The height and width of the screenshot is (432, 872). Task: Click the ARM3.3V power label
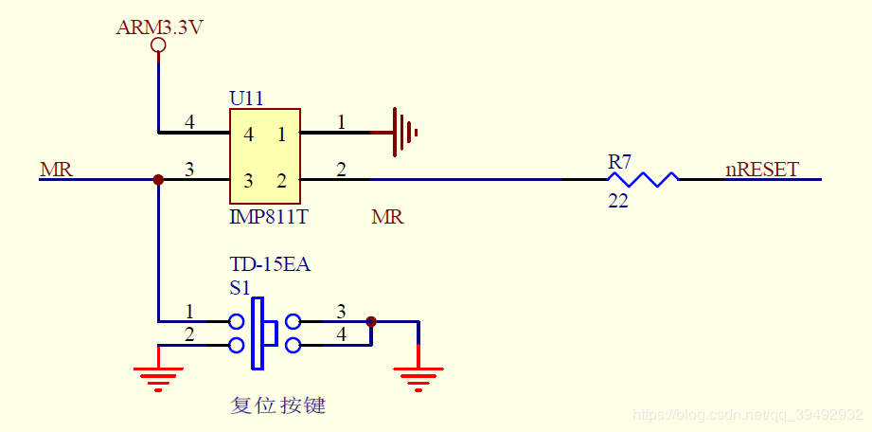159,27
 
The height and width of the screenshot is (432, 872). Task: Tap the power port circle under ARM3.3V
158,45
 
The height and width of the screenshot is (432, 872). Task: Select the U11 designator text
246,99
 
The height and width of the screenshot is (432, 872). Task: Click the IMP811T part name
269,217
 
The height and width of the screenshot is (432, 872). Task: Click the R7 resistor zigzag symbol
643,179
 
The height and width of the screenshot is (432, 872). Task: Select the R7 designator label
619,162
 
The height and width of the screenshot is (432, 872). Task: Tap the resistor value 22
618,200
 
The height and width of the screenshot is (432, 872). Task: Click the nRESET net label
762,171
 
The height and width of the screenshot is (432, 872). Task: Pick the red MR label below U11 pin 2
387,218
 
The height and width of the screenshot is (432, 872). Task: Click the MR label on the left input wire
56,171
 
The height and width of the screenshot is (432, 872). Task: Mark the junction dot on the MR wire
158,179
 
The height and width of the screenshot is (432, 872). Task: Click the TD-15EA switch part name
270,265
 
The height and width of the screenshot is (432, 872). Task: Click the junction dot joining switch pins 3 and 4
371,321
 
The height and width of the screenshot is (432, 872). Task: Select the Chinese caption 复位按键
278,405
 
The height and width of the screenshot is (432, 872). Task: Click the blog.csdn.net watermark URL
747,415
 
